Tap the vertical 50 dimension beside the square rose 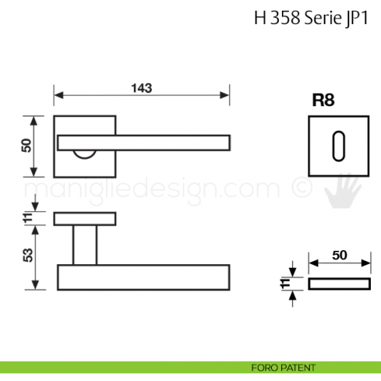coord(27,145)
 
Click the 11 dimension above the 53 coord(27,219)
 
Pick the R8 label coord(322,100)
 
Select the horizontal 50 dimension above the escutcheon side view coord(339,255)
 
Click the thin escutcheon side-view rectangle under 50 coord(339,284)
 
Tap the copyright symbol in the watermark coord(297,188)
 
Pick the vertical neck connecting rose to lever coord(84,245)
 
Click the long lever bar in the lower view coord(143,277)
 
